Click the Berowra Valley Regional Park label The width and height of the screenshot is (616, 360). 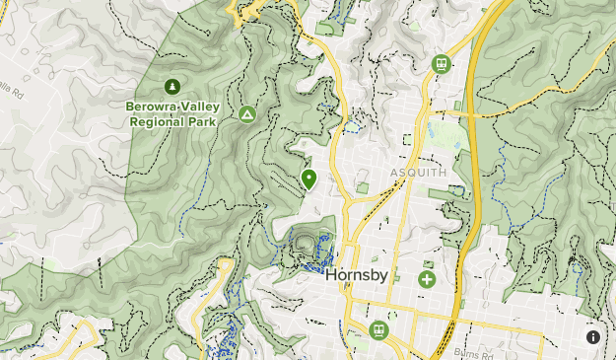click(x=173, y=113)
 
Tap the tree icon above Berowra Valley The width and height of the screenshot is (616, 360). click(x=173, y=87)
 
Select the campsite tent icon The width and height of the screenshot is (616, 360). click(x=247, y=115)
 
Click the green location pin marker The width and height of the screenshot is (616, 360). click(x=308, y=179)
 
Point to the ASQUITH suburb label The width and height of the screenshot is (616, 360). click(x=418, y=173)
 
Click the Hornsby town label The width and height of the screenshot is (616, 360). click(x=357, y=277)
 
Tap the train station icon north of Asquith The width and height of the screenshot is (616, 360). click(x=442, y=64)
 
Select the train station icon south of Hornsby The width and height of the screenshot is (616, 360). click(x=377, y=328)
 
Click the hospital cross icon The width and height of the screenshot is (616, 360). click(x=427, y=279)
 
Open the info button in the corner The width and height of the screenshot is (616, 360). click(x=593, y=337)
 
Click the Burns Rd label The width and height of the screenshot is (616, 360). click(x=472, y=352)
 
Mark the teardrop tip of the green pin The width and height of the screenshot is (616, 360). click(x=308, y=189)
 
